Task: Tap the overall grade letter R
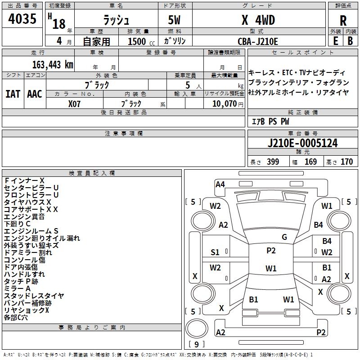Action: pos(343,21)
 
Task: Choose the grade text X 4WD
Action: pos(258,20)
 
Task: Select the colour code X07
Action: pos(75,103)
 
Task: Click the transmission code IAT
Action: pos(13,94)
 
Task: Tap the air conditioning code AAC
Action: pos(35,94)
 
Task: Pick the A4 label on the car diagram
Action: pos(220,184)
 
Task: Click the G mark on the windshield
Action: pos(284,237)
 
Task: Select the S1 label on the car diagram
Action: pos(215,252)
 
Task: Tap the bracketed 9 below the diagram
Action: pos(196,344)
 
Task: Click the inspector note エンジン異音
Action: pos(25,217)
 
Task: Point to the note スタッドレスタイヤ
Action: pos(34,296)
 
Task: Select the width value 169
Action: pos(310,162)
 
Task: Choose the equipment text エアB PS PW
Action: pos(270,121)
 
